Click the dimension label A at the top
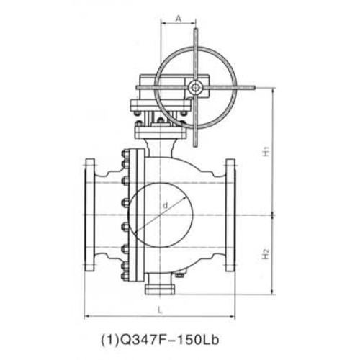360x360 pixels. (178, 18)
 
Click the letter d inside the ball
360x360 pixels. (165, 205)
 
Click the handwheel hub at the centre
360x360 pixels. (195, 88)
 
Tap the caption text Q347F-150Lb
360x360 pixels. (160, 340)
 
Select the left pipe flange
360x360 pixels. (90, 215)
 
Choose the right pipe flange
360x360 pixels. (230, 215)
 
